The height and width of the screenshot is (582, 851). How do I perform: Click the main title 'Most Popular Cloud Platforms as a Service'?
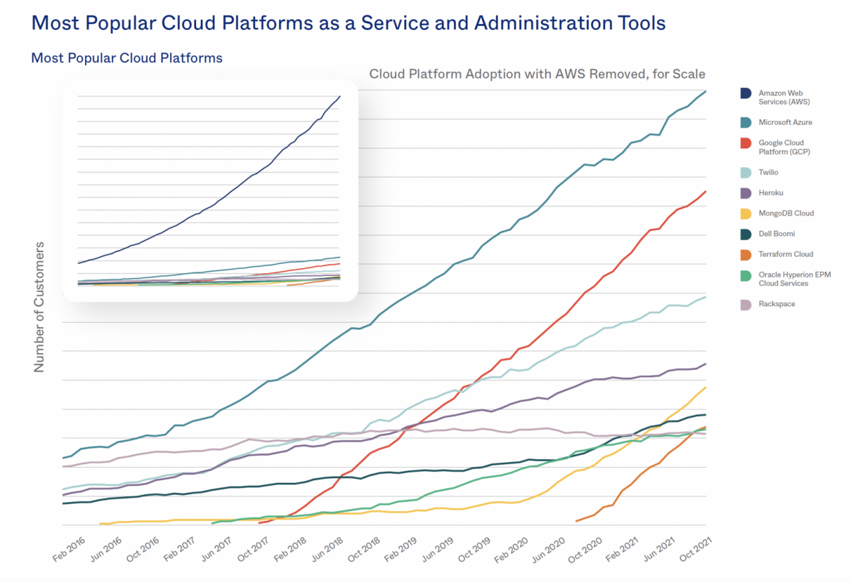348,23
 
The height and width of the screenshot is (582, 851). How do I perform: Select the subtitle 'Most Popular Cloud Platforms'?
127,58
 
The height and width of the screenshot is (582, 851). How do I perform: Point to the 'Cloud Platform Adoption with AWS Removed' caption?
537,74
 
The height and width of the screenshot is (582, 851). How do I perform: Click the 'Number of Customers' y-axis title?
39,307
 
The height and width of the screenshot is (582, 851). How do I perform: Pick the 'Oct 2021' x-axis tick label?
691,551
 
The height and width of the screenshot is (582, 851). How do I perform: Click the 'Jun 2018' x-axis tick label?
328,551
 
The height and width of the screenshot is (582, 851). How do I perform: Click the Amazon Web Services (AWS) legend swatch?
746,93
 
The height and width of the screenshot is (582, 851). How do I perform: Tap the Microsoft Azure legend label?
785,122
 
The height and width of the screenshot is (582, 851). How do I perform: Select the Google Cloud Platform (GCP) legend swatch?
746,143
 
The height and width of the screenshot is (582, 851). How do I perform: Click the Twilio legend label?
769,172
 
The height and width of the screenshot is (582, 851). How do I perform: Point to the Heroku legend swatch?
746,193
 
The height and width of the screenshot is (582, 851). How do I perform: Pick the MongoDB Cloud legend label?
786,214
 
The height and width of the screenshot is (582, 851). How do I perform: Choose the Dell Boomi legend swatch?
746,234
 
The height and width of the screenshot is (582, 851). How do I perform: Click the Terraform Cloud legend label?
786,254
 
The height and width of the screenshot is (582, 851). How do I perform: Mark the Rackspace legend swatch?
746,305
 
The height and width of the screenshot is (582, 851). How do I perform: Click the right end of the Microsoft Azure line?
705,91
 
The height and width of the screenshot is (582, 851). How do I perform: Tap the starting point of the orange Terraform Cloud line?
576,521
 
